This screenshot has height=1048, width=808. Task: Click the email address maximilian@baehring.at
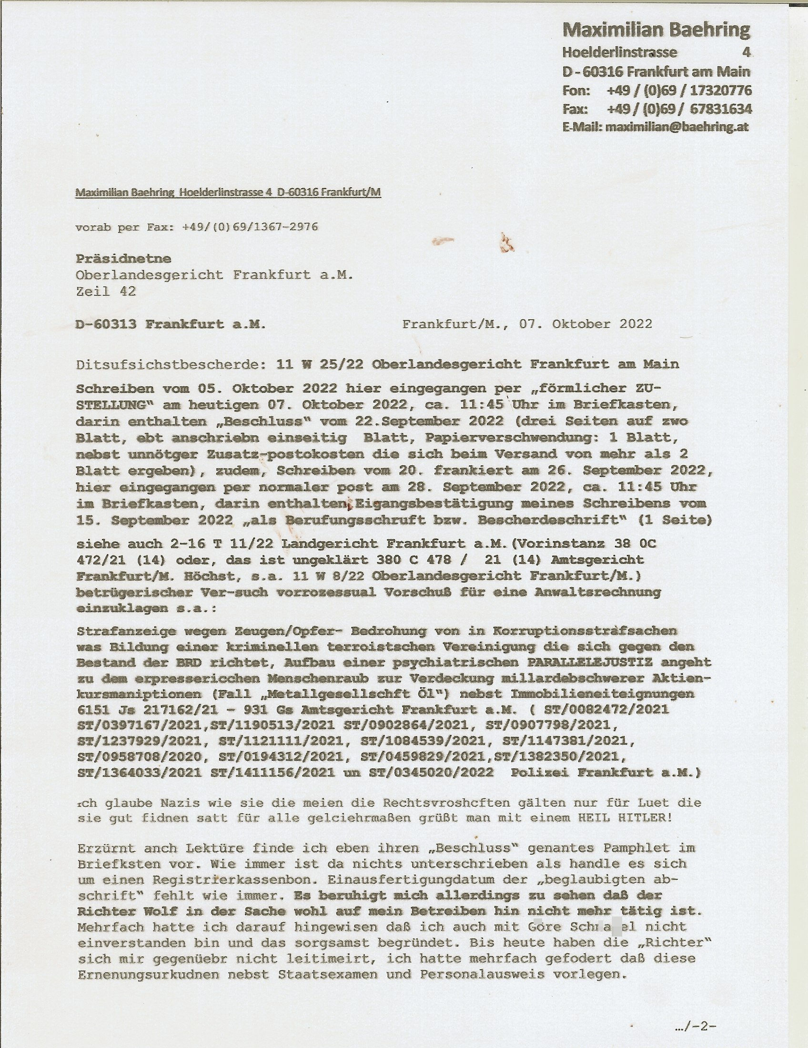[677, 127]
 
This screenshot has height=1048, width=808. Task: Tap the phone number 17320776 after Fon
[721, 90]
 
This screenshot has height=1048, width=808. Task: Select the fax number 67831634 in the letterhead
[721, 109]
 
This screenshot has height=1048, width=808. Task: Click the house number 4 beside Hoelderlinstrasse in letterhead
[746, 52]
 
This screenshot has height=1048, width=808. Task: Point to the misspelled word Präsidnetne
[123, 259]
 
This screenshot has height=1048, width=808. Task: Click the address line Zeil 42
[106, 291]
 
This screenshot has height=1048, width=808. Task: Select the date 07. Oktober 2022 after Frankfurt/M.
[586, 324]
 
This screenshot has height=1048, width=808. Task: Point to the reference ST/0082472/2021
[606, 709]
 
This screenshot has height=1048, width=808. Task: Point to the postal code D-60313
[106, 324]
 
